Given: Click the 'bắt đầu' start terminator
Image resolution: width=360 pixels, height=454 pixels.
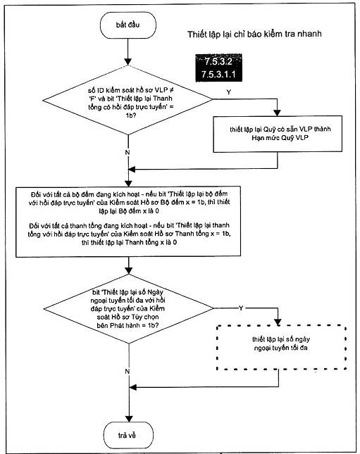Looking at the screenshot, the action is pos(128,25).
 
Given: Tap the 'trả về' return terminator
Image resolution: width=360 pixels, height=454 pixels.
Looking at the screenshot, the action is pos(128,435).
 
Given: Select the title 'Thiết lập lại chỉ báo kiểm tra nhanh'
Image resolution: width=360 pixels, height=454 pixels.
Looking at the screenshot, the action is pos(254,34).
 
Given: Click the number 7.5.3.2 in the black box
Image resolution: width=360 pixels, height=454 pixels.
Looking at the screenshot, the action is pos(218,61).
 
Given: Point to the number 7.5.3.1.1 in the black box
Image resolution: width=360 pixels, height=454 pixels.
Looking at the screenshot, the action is pos(218,75).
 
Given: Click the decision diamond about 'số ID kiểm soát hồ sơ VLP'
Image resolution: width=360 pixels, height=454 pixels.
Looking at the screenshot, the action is pos(128,100).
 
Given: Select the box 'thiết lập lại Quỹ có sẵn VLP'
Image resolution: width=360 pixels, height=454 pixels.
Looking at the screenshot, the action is pos(278,134).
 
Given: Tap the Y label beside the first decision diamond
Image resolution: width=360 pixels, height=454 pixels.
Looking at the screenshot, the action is pos(229,92).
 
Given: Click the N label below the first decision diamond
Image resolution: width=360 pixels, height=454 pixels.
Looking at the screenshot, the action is pos(128,152).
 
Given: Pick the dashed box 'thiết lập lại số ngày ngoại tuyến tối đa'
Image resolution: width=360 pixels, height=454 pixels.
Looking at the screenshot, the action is pos(281,348).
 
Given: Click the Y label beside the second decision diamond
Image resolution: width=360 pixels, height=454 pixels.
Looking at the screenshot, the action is pos(241,308).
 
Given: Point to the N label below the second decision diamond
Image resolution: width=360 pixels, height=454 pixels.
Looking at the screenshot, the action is pos(128,371).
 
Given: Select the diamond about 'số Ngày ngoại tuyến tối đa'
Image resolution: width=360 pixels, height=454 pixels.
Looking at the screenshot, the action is pos(128,309).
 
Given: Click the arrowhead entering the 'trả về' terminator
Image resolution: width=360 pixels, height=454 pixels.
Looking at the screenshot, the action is pos(128,419).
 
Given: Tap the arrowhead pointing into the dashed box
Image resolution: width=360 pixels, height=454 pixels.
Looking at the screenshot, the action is pos(278,322).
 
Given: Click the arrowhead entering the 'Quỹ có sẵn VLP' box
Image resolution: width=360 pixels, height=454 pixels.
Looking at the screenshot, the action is pos(278,113).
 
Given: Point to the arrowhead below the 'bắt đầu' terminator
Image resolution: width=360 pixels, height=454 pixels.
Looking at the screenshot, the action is pos(128,62).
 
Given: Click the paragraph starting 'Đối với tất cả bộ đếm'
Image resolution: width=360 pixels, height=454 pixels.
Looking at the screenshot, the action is pos(129,203).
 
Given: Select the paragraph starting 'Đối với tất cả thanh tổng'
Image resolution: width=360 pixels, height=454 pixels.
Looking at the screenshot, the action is pos(129,234).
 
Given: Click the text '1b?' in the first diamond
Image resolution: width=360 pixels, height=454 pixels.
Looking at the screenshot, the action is pos(131,115).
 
